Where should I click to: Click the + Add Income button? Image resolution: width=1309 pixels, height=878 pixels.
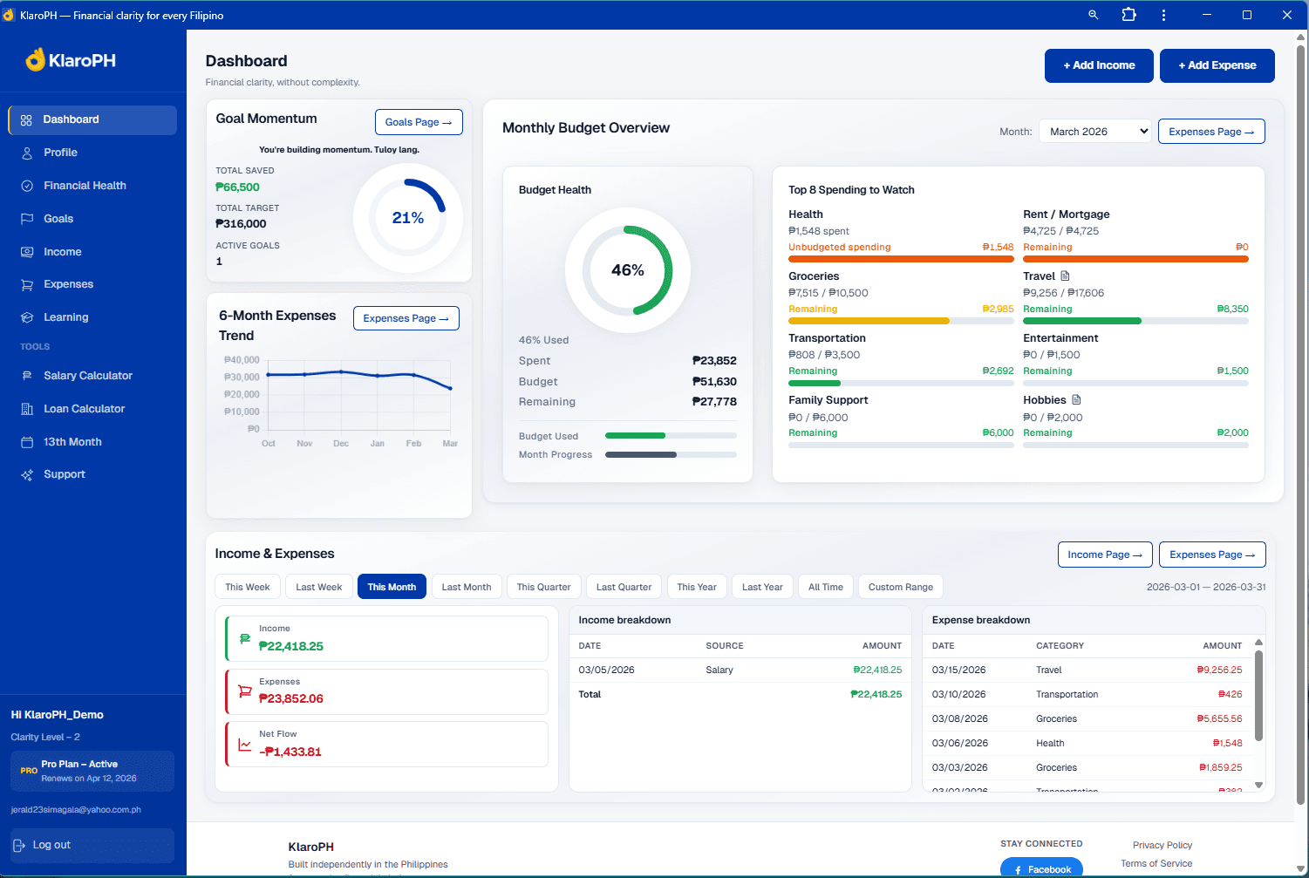coord(1099,65)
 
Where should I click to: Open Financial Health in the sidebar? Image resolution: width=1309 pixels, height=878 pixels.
coord(85,186)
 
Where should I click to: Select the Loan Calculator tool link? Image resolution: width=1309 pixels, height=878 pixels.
coord(84,409)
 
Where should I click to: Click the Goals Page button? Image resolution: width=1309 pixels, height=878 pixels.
coord(419,122)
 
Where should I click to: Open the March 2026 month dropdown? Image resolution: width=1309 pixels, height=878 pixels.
coord(1095,132)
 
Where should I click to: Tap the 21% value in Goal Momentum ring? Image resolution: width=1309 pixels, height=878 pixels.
coord(408,218)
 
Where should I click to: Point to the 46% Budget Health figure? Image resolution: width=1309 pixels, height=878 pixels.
coord(628,270)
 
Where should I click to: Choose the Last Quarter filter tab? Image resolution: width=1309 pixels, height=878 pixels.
coord(624,587)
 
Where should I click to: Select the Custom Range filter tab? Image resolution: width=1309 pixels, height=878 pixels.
coord(900,587)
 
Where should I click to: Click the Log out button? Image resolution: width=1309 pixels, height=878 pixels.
coord(51,845)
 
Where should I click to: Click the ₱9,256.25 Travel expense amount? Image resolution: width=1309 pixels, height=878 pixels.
coord(1219,670)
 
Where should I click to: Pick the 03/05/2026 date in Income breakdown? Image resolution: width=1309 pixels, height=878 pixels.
coord(606,670)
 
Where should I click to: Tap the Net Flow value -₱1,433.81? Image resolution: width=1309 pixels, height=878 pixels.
coord(290,752)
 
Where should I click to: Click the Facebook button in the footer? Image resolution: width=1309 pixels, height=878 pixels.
coord(1041,869)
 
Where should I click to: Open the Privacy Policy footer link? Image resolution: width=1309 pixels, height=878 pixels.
coord(1162,845)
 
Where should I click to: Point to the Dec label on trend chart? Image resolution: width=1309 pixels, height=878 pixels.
coord(341,444)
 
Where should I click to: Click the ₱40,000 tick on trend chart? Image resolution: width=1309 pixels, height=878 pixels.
coord(242,360)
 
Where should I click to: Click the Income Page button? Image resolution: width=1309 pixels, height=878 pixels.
coord(1104,555)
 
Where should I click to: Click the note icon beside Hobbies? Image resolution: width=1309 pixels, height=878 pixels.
coord(1076,400)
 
